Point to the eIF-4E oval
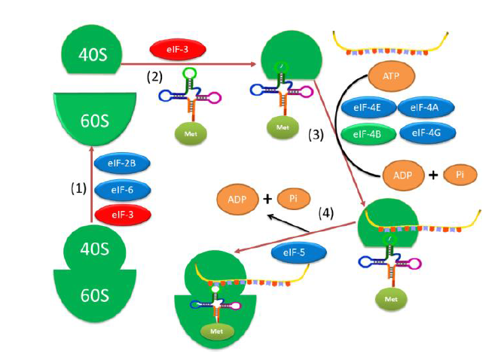(x=366, y=108)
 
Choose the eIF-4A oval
(x=424, y=108)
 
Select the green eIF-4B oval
(x=366, y=134)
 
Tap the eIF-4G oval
(x=425, y=134)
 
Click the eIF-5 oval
(x=299, y=254)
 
